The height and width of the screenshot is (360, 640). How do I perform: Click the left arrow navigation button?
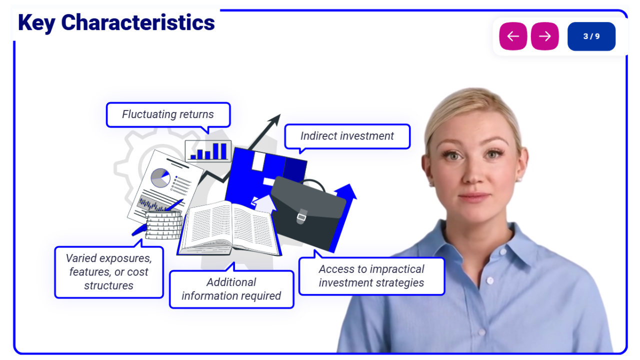[513, 36]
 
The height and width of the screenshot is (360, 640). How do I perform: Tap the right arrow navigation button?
[544, 36]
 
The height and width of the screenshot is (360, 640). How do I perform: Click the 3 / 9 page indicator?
[591, 36]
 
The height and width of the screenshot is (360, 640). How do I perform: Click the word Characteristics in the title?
[138, 22]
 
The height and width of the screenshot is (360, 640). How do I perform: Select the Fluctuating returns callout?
[168, 115]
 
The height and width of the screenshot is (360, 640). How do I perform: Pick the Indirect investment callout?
[347, 136]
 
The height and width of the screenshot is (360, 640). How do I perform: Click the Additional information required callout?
[231, 288]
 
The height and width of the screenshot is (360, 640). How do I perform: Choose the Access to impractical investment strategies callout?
[371, 276]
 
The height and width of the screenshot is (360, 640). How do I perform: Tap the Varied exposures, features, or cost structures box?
[109, 271]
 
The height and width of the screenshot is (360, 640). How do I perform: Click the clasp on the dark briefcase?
[301, 216]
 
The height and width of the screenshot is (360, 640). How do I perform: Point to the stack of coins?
[163, 225]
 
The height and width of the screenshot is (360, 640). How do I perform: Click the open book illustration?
[229, 228]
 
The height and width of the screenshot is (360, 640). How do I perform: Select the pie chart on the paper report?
[160, 177]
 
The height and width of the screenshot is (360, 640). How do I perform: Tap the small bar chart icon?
[208, 151]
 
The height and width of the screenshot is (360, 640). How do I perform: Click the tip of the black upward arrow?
[280, 114]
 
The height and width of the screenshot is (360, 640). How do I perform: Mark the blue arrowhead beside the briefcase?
[346, 191]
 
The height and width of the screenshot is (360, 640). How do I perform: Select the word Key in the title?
[36, 23]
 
